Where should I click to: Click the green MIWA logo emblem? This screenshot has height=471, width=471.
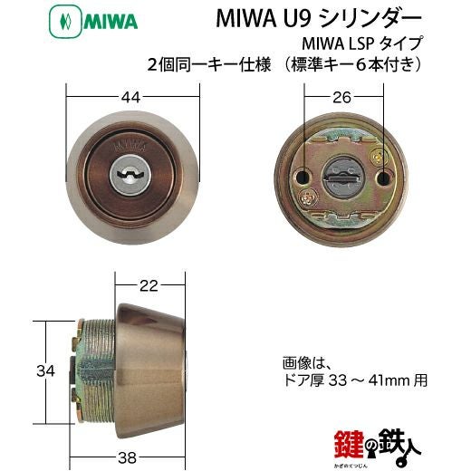[65, 22]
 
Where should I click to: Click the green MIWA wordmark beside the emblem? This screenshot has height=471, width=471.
[111, 22]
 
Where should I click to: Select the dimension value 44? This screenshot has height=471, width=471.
[130, 97]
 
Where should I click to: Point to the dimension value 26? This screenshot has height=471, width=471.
[341, 98]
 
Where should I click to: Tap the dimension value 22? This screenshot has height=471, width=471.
[149, 285]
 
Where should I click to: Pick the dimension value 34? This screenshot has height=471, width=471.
[45, 371]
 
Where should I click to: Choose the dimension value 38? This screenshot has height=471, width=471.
[127, 458]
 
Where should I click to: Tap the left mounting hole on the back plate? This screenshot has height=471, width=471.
[302, 178]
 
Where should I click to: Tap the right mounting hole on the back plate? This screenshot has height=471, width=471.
[383, 178]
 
